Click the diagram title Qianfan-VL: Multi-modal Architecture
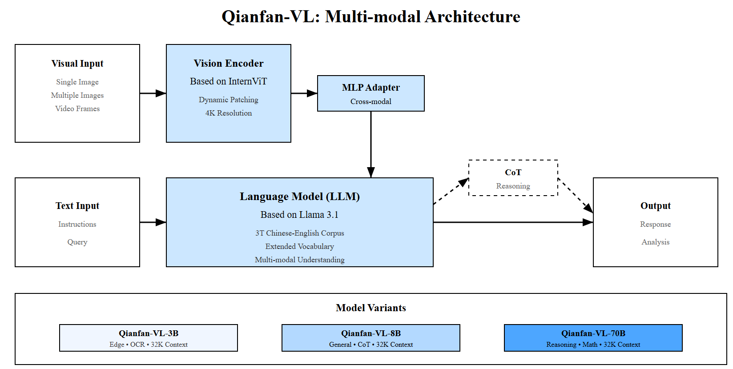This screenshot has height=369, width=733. point(371,17)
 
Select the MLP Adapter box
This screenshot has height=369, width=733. point(371,93)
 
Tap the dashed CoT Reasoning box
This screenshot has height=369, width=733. point(513,178)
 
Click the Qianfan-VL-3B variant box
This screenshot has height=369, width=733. point(148,338)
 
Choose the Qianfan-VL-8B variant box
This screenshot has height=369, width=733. point(371,338)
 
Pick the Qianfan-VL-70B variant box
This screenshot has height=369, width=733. point(593,338)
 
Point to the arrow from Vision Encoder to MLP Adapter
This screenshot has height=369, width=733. point(304,93)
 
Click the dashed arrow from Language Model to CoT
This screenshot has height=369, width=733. point(451,191)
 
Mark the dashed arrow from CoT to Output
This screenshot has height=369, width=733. point(575,196)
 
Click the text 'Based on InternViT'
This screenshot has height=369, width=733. point(228,81)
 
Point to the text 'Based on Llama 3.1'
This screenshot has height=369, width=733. point(299,215)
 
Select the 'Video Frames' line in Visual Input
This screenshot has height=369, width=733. point(77,108)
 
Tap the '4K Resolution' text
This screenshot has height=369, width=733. point(228,113)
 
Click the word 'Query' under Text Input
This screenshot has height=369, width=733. point(77,242)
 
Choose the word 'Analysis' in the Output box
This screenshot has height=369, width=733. point(655,242)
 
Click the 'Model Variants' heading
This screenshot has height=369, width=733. point(371,308)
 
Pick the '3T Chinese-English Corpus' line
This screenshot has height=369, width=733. point(299,233)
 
